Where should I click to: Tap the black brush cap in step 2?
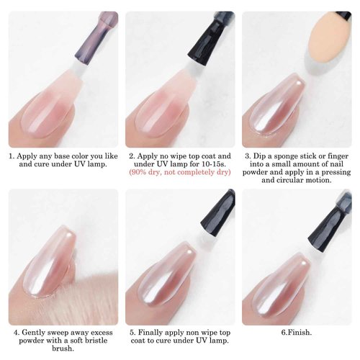220,29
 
